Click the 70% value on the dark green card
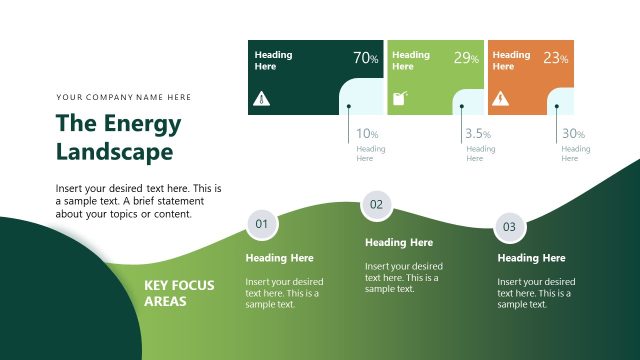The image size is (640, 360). point(366,58)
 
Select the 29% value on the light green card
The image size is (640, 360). point(466,58)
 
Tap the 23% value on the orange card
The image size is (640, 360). point(556,58)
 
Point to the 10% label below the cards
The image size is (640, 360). point(367,134)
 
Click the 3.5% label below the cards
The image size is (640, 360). point(478,134)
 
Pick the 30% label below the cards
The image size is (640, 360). point(573,134)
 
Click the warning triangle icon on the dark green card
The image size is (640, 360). point(261,99)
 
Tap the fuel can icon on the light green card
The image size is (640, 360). point(401,99)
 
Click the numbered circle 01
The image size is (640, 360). point(261,224)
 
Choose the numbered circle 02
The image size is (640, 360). point(376,205)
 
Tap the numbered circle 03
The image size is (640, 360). point(509,227)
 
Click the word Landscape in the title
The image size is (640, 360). point(114,152)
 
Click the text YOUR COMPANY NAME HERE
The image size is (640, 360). point(124,97)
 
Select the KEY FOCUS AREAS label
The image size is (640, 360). point(179,292)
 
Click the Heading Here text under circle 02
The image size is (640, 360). point(399,242)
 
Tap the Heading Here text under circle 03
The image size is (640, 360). point(531,258)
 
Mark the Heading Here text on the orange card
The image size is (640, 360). point(511,60)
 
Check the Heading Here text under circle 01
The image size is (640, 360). point(279,258)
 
